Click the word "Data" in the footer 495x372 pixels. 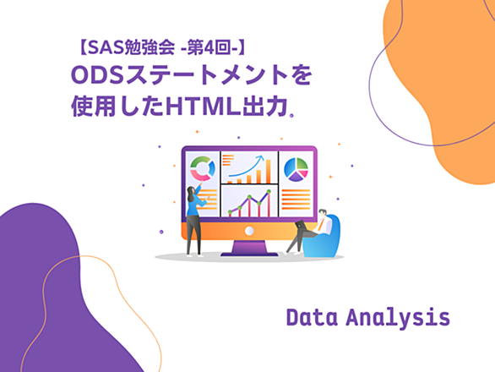pos(312,317)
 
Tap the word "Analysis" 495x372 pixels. pos(398,319)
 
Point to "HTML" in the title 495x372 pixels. pos(204,107)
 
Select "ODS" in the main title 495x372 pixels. pos(97,75)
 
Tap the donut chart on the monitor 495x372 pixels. pos(203,168)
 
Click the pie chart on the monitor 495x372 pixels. pos(296,169)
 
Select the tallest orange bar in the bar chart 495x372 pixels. pos(269,172)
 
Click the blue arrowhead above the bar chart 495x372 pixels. pos(261,157)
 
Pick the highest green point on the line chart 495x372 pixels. pos(269,192)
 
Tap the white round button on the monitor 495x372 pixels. pos(249,231)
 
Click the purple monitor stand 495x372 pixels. pos(249,248)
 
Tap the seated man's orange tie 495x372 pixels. pos(321,224)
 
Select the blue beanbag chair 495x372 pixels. pos(324,238)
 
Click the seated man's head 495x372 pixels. pos(323,212)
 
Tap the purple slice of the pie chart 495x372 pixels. pos(296,177)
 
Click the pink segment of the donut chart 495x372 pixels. pos(199,175)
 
